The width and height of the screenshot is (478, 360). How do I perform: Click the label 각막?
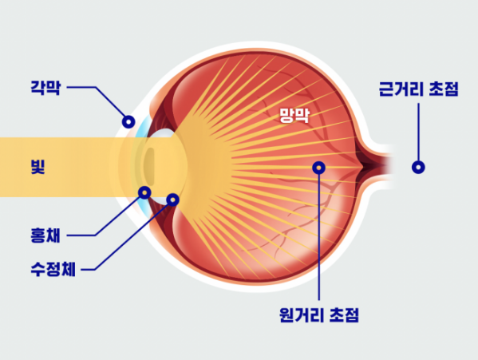click(45, 88)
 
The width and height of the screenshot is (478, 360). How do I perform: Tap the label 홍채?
click(45, 235)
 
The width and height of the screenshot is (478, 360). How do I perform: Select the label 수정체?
click(53, 269)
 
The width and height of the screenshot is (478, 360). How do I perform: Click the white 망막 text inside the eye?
click(294, 115)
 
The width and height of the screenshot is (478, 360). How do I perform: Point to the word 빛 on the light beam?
click(38, 167)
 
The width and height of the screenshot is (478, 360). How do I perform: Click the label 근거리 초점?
click(419, 89)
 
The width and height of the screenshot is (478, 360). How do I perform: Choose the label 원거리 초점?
click(319, 315)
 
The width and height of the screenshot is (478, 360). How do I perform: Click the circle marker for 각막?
click(128, 122)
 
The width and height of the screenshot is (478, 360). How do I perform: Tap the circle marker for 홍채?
click(144, 192)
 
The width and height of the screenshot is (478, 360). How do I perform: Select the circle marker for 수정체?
click(173, 200)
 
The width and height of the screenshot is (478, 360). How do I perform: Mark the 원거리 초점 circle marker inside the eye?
click(319, 168)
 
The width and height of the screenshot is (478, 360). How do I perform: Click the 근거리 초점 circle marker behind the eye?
click(418, 168)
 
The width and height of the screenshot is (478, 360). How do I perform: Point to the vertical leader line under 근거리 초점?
click(418, 133)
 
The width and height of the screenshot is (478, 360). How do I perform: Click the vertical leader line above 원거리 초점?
click(319, 237)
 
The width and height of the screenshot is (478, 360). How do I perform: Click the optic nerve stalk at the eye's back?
click(377, 168)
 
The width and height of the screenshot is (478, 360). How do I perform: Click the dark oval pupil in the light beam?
click(149, 167)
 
